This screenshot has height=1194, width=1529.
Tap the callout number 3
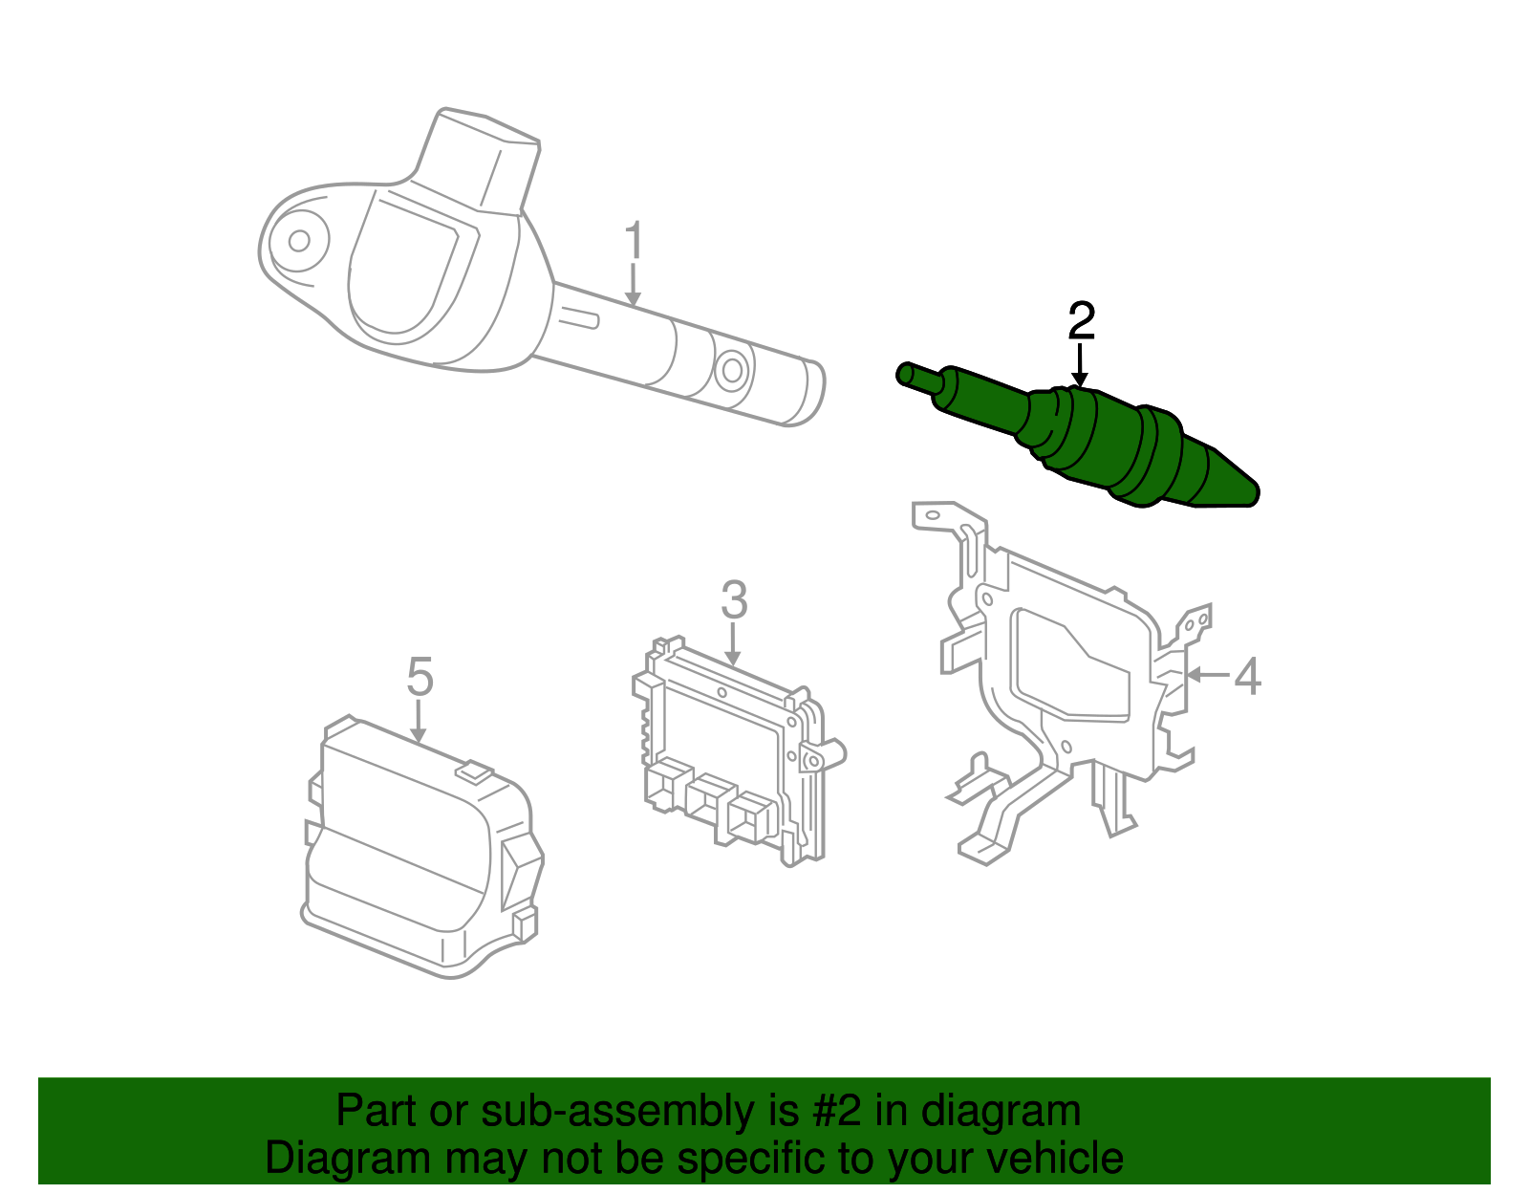(733, 600)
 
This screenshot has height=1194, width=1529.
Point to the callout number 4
(1247, 676)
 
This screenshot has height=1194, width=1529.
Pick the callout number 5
(420, 677)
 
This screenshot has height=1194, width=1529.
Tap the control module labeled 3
(731, 755)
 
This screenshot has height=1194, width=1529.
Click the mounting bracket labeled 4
(1061, 669)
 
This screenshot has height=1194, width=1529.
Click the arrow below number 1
(633, 287)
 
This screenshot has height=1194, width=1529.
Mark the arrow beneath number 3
(733, 644)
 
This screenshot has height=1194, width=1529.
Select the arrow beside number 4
(1206, 675)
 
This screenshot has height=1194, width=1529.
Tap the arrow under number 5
(419, 721)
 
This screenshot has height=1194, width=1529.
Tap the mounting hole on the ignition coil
(299, 240)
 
